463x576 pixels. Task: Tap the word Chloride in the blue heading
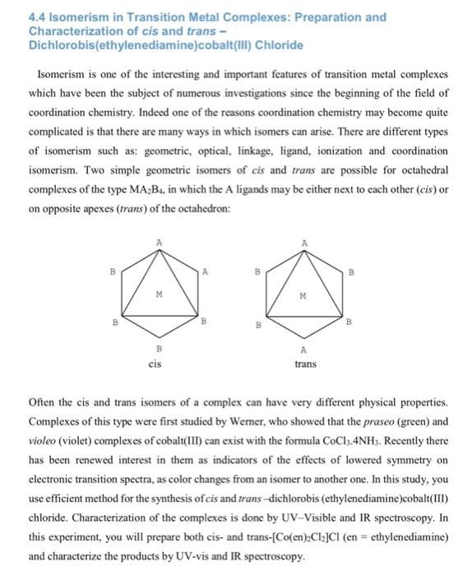click(274, 44)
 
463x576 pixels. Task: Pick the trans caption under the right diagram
click(305, 362)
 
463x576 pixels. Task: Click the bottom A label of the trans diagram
click(304, 349)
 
